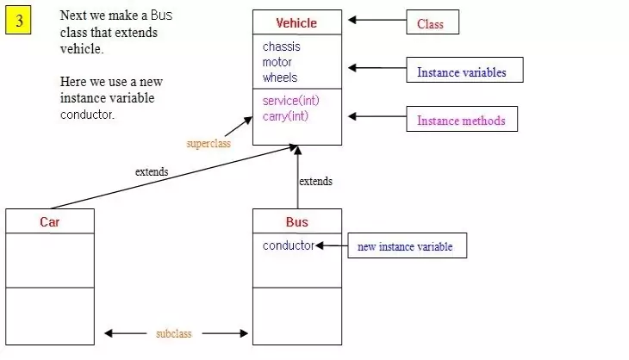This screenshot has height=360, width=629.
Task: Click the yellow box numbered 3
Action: click(18, 21)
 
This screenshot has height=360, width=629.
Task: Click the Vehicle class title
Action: click(296, 23)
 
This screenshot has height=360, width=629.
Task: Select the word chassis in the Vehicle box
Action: click(282, 47)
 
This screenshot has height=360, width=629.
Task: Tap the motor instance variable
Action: click(277, 62)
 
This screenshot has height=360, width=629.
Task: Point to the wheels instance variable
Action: click(280, 78)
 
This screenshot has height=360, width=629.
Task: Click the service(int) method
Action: click(291, 101)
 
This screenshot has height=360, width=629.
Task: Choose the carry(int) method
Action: click(286, 116)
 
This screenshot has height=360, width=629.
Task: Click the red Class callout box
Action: click(433, 23)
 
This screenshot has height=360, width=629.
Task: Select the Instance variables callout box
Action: click(464, 71)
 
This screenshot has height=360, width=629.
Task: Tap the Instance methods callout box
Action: click(462, 120)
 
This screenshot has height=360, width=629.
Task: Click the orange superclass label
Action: click(209, 144)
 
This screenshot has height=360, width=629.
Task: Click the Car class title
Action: click(50, 222)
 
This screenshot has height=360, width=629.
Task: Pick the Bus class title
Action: click(296, 222)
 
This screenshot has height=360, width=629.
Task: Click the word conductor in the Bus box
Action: click(288, 245)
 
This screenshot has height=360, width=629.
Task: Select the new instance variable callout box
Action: click(406, 246)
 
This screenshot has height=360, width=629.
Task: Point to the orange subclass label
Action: click(174, 333)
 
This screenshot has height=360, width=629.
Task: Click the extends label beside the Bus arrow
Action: click(315, 182)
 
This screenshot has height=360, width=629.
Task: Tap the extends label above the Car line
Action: click(152, 171)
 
